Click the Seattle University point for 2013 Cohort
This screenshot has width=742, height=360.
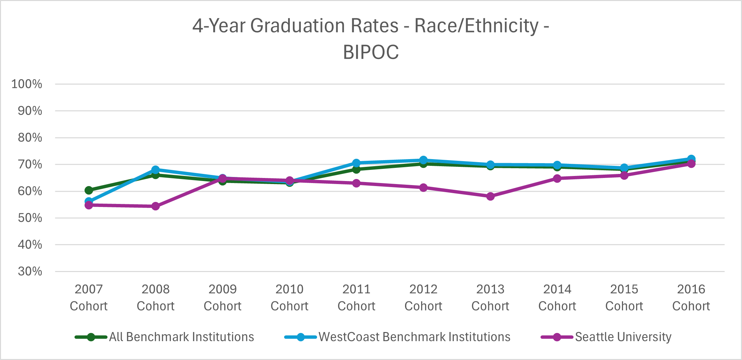[490, 196]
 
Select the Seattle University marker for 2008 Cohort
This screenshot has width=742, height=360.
[155, 206]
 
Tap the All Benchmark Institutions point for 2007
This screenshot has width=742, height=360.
[89, 190]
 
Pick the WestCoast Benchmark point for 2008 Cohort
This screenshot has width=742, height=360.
[155, 170]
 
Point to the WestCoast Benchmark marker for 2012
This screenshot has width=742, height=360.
[423, 160]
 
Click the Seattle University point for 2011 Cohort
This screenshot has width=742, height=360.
[356, 183]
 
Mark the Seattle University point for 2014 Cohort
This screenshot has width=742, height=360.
[557, 178]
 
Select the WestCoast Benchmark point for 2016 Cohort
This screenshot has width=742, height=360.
[691, 159]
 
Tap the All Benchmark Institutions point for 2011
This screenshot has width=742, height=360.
[356, 169]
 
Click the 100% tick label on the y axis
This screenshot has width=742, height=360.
[27, 84]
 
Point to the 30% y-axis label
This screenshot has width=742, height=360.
[30, 271]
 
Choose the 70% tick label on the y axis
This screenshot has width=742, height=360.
[30, 164]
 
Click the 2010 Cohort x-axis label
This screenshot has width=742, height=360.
[289, 297]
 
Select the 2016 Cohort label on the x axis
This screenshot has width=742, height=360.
[691, 297]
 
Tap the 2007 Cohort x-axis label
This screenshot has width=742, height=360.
[89, 297]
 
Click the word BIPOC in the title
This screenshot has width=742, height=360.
[371, 52]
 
